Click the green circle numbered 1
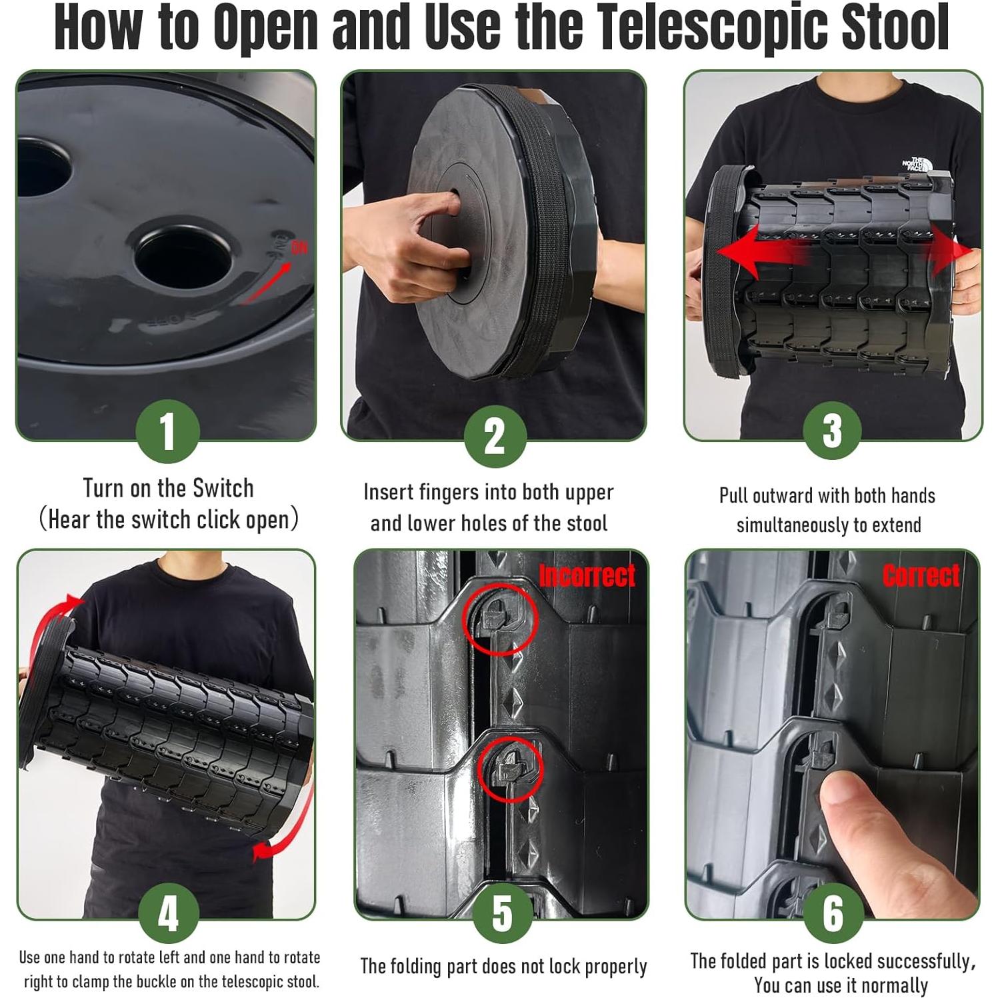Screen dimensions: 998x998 [x=167, y=431]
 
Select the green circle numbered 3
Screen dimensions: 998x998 [x=832, y=430]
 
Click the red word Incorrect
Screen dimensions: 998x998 [x=587, y=575]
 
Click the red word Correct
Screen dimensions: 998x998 [x=921, y=575]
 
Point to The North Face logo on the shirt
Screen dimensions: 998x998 [x=915, y=164]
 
